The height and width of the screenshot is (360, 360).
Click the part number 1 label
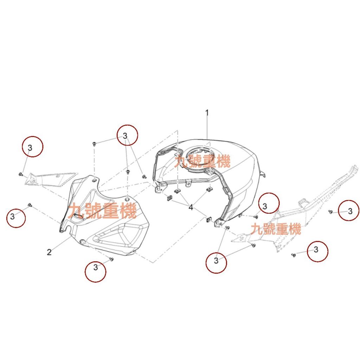(x=207, y=113)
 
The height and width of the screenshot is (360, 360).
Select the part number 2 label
(x=49, y=252)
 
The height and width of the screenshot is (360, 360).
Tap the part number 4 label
(x=191, y=207)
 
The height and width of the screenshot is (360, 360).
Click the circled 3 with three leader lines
(x=127, y=135)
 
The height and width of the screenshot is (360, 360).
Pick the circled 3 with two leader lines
(x=216, y=262)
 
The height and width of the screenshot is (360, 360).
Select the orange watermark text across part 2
(x=102, y=211)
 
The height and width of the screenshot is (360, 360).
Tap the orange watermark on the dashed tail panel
(x=276, y=229)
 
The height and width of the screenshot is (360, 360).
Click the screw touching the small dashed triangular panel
(x=20, y=174)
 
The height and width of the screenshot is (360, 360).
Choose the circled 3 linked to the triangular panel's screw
(x=32, y=147)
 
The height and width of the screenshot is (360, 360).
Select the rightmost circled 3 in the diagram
(x=349, y=211)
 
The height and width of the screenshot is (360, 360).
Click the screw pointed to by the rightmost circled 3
(x=330, y=212)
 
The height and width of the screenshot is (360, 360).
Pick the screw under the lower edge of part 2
(x=111, y=259)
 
